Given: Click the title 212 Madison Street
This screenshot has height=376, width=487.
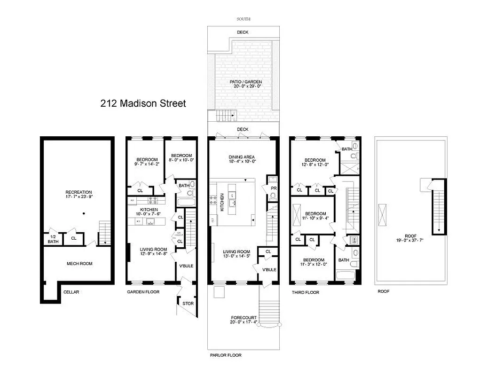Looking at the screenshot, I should [x=143, y=103].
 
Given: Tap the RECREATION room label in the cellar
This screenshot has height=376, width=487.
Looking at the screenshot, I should [x=79, y=192].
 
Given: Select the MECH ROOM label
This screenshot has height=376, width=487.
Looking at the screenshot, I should [x=79, y=264].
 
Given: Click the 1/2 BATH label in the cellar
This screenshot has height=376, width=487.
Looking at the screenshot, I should [x=52, y=239].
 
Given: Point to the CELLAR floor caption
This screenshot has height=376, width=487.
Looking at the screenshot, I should [x=71, y=292].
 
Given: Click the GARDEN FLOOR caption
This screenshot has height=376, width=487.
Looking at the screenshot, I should [x=143, y=292].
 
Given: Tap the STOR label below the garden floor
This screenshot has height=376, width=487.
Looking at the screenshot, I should [x=188, y=304].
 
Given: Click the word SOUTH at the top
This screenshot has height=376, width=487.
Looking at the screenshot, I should [x=243, y=19].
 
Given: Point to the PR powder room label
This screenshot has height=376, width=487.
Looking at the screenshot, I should [x=273, y=188].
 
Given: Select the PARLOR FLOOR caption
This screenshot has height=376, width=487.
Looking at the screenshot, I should [x=226, y=355].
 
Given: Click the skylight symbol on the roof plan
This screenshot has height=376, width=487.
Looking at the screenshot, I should [x=384, y=216].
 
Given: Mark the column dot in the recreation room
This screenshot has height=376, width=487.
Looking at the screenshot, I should [x=84, y=214].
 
